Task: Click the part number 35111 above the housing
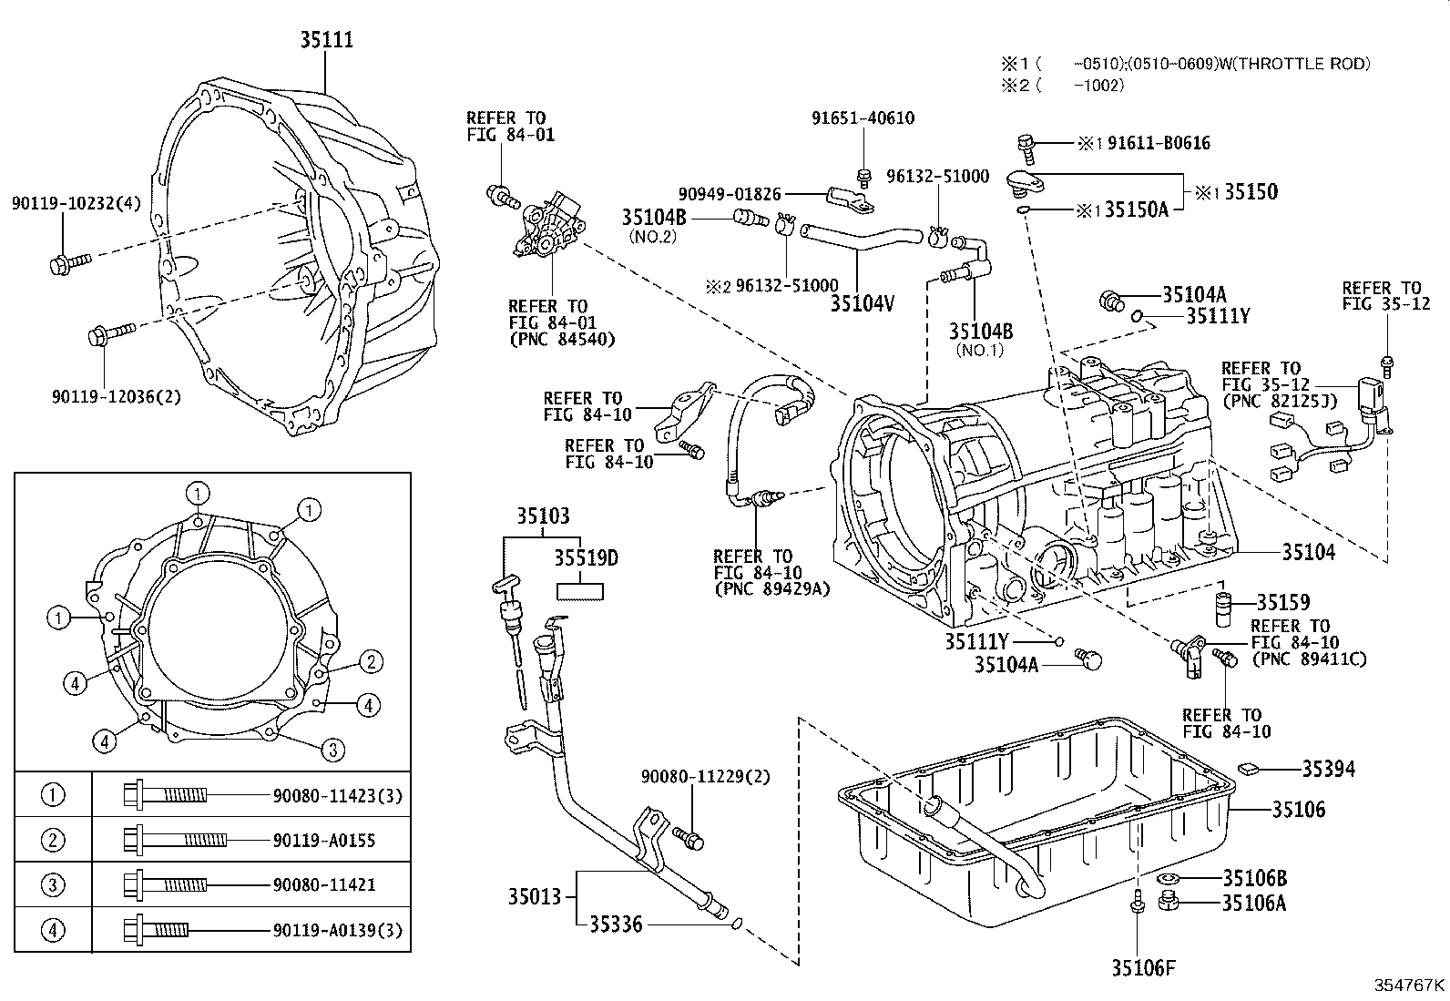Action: point(327,40)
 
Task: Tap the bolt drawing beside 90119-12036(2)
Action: point(111,332)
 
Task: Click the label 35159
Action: point(1282,602)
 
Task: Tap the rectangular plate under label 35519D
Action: point(580,590)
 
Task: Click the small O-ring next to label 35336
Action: point(737,926)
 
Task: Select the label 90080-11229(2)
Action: point(705,776)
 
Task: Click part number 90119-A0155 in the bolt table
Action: point(323,841)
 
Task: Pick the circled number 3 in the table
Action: point(54,884)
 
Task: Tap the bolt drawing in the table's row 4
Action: point(157,930)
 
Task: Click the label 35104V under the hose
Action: point(862,303)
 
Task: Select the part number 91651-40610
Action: point(863,118)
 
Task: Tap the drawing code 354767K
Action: point(1410,985)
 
